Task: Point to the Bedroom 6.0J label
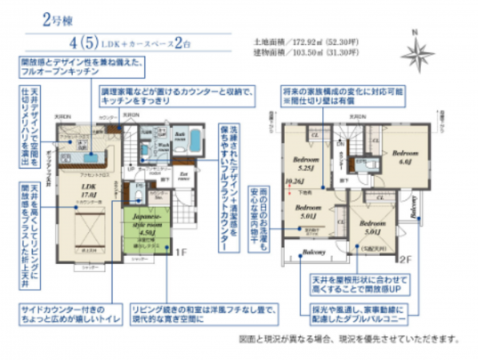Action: tap(405, 154)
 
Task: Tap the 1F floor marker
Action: tap(181, 250)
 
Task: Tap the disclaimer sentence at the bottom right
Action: tap(349, 338)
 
